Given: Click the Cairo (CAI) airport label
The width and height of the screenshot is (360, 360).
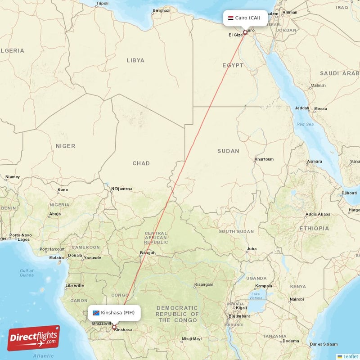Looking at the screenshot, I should tap(247, 18).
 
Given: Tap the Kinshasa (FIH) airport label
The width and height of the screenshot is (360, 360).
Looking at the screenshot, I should tap(117, 312).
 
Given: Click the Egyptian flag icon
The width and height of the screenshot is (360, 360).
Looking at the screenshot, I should tap(231, 18).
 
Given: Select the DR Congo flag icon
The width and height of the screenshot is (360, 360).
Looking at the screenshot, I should tap(96, 312).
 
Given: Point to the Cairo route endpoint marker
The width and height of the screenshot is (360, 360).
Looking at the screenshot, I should tap(245, 33).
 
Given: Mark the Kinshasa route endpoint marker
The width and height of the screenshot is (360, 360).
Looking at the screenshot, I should tap(114, 328).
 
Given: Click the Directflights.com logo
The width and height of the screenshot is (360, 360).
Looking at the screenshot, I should tap(33, 338).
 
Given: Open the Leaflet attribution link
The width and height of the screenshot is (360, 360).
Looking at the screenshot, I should tap(350, 356).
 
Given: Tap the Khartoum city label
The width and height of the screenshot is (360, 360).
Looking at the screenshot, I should tap(264, 159).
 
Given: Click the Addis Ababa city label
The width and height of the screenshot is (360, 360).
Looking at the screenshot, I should tap(318, 214).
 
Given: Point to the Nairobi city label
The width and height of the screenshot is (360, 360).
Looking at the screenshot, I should tap(297, 299).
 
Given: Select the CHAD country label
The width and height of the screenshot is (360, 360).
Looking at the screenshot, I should tap(141, 163).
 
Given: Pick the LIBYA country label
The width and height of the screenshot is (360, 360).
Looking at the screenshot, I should tap(135, 60).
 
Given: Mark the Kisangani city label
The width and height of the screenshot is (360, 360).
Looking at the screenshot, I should tap(203, 285).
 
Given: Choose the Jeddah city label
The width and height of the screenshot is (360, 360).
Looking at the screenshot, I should tap(301, 108).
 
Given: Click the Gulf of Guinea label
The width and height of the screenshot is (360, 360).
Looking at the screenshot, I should tap(27, 273).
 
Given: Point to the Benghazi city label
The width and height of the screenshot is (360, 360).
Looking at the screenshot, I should tap(161, 10).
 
